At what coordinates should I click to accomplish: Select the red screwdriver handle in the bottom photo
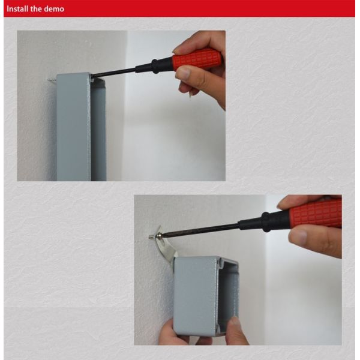click(x=315, y=214)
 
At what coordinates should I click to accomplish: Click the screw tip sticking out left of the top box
click(x=50, y=78)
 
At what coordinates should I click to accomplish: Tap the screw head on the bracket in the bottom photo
click(x=152, y=238)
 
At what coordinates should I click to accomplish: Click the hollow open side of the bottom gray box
click(x=228, y=294)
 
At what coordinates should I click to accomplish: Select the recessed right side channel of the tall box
click(x=98, y=132)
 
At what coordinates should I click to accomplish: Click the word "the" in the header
click(x=38, y=9)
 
